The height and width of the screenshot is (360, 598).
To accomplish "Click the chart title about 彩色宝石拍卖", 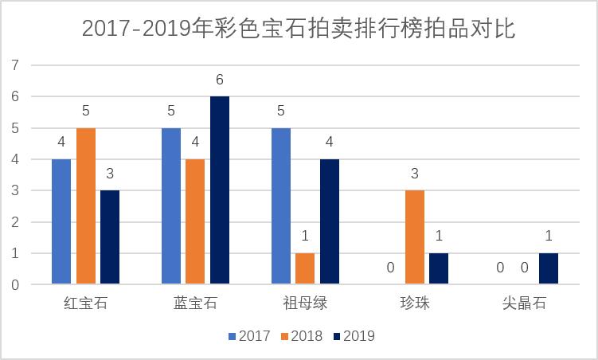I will coord(299,29).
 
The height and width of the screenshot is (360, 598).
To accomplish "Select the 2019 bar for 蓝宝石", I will coord(220,190).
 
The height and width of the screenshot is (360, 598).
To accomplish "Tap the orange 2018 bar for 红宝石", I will coord(85,205).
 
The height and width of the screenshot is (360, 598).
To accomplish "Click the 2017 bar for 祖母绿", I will coord(281,205).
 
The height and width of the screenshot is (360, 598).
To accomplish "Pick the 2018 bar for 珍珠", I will coord(415,237).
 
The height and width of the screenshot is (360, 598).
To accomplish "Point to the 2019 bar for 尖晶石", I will coord(549,268).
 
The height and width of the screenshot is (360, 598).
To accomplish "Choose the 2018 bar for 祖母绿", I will coord(305,268).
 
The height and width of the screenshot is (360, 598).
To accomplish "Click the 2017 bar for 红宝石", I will coord(61,221).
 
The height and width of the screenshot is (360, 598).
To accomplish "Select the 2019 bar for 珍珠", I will coord(439,268).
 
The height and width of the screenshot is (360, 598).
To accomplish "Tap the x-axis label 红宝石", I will coord(85,304).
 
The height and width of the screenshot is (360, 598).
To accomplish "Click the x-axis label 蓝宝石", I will coord(195,304).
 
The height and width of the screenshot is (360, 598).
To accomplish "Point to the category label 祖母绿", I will coord(305,304).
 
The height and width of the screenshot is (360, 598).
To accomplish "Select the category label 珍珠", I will coord(415,304).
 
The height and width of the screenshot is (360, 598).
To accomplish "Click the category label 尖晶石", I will coord(525,304).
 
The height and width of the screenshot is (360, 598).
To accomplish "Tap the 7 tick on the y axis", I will coord(14,65).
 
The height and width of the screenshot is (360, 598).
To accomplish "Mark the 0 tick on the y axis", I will coord(14,284).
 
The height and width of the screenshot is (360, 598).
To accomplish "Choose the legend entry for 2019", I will coord(353,336).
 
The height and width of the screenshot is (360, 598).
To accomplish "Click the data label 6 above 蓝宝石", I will coord(220,80).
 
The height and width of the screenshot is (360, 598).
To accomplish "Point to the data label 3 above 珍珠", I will coord(415,174).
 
